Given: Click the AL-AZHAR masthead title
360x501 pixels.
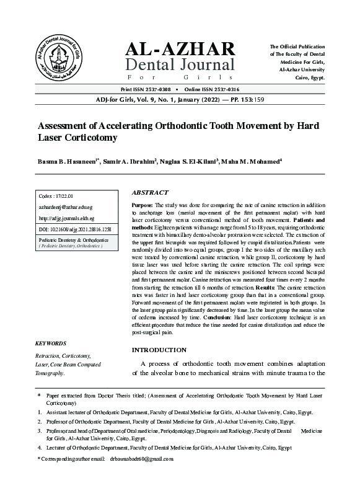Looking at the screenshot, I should tap(180, 50).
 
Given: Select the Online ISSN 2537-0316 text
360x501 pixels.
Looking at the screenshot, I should tap(215, 90).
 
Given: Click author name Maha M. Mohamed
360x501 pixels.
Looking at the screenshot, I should tap(250, 161).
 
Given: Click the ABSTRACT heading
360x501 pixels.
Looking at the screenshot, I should tap(151, 193).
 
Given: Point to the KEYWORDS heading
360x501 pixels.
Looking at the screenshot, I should tap(51, 343).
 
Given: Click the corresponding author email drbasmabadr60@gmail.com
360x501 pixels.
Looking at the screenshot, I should tap(141, 459).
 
